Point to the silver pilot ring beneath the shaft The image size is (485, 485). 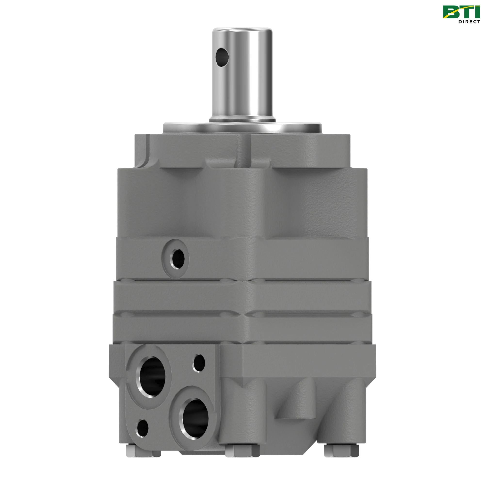coord(242,127)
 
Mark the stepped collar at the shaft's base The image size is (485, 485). coord(242,118)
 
